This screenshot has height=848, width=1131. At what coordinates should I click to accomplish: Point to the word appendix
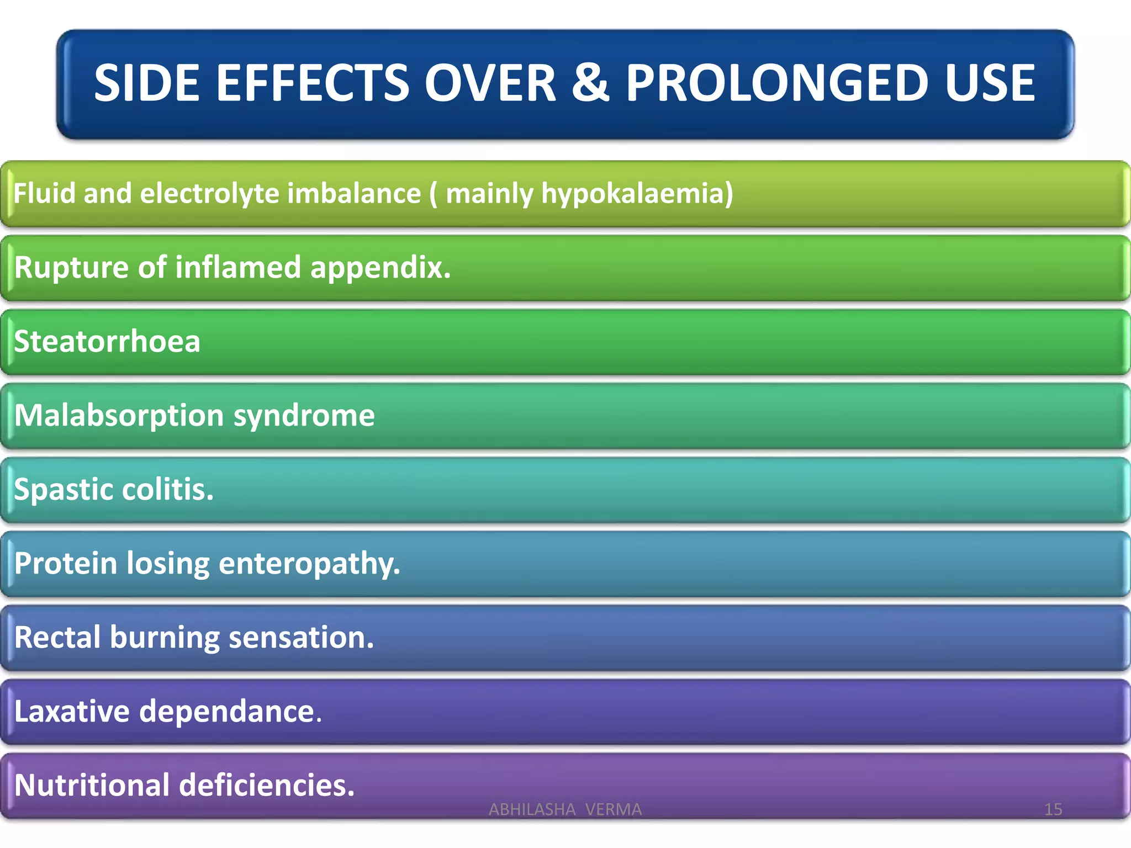[x=380, y=268]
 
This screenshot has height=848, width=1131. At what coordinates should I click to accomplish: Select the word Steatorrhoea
[x=107, y=341]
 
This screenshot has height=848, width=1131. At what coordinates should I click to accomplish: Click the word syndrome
[x=304, y=416]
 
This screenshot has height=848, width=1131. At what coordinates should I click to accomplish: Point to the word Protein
[x=66, y=563]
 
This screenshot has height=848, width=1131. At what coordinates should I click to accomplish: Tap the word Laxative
[x=72, y=711]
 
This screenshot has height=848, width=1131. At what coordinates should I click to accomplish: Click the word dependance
[x=230, y=711]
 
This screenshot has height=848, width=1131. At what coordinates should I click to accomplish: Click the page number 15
[x=1053, y=809]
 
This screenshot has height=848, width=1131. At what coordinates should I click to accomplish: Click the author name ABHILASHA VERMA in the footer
[x=565, y=809]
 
